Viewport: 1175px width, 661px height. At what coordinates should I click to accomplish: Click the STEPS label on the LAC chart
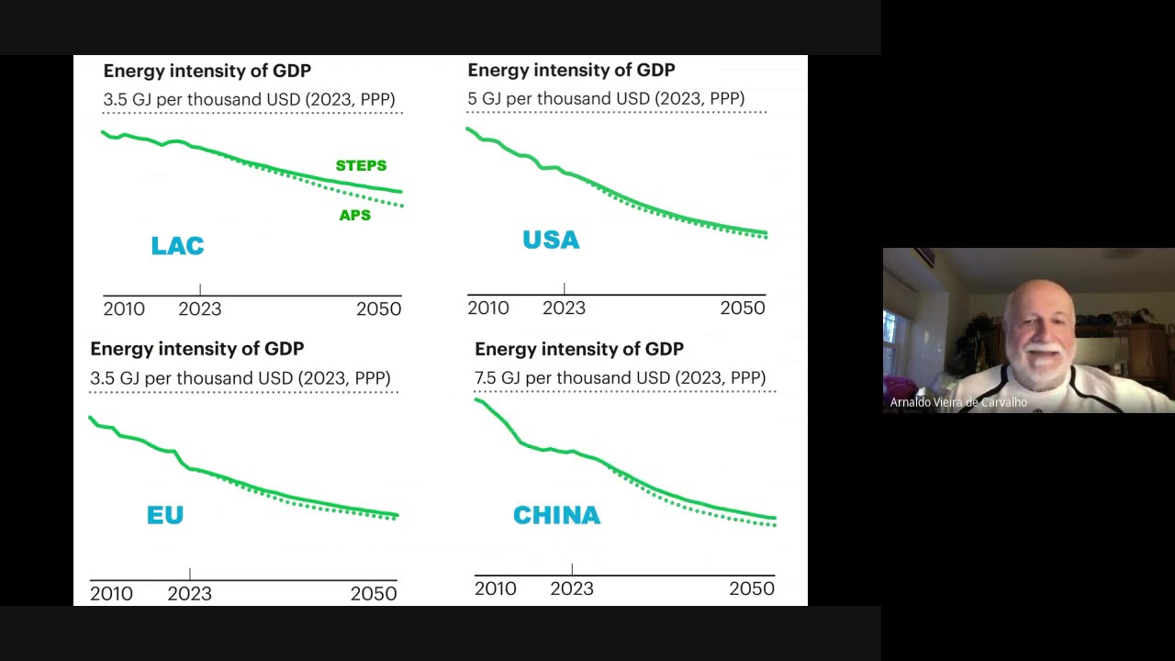click(361, 166)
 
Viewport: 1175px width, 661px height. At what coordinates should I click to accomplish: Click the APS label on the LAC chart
click(355, 216)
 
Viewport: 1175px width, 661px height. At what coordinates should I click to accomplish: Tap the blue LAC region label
click(177, 246)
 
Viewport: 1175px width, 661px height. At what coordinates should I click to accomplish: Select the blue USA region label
click(551, 241)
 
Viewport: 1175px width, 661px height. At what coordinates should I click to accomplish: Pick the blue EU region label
click(165, 515)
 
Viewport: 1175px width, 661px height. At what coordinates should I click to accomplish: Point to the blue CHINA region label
click(556, 516)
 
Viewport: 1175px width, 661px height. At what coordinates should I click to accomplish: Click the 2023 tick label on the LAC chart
click(199, 309)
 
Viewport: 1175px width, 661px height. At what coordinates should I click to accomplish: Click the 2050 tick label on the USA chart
click(742, 308)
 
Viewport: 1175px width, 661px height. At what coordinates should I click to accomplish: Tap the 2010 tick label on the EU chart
click(111, 594)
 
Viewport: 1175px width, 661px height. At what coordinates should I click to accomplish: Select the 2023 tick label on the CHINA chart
click(571, 589)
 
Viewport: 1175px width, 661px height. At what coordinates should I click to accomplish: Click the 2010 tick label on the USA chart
click(487, 308)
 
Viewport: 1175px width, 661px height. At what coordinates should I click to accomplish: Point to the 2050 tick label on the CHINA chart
click(751, 589)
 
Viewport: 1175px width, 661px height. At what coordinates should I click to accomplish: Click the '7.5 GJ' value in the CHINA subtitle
click(498, 377)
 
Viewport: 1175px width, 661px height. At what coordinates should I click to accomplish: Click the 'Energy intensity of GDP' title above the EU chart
click(196, 349)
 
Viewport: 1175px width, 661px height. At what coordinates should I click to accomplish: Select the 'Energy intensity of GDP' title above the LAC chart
click(207, 71)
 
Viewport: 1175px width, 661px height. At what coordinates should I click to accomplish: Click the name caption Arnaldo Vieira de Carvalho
click(958, 402)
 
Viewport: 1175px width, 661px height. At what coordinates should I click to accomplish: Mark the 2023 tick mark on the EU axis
click(189, 574)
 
